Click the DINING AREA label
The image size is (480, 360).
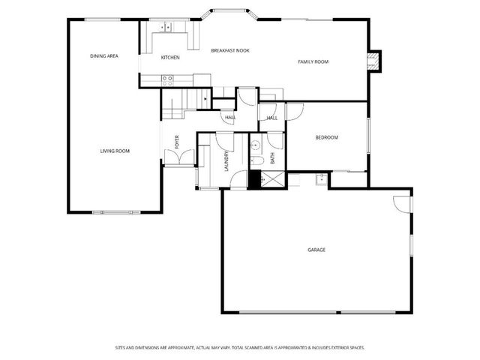pyautogui.click(x=104, y=55)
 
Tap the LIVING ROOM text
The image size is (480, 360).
pyautogui.click(x=115, y=151)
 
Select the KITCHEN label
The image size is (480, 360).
pyautogui.click(x=170, y=57)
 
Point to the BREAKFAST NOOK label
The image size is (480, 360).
pyautogui.click(x=230, y=50)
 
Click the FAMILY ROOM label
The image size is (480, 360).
pyautogui.click(x=313, y=61)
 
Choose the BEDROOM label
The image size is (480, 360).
pyautogui.click(x=326, y=137)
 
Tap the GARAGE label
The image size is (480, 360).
pyautogui.click(x=316, y=250)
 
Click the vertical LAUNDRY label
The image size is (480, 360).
pyautogui.click(x=226, y=160)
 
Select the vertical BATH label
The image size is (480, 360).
pyautogui.click(x=272, y=158)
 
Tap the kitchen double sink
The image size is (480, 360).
pyautogui.click(x=166, y=27)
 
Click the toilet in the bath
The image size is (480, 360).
pyautogui.click(x=255, y=160)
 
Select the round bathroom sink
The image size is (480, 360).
pyautogui.click(x=255, y=145)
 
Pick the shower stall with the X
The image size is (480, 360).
pyautogui.click(x=271, y=178)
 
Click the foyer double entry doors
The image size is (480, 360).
pyautogui.click(x=180, y=157)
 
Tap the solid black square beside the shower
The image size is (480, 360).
pyautogui.click(x=254, y=178)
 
